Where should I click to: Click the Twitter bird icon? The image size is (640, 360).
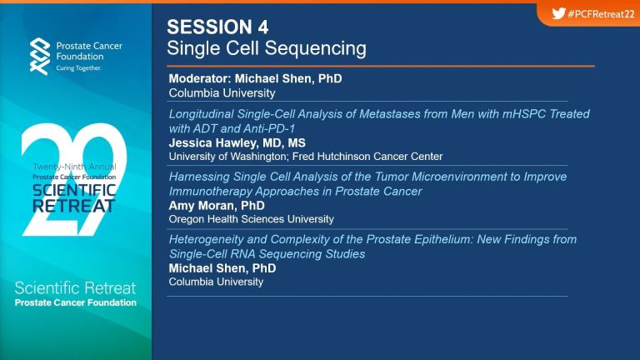tap(558, 13)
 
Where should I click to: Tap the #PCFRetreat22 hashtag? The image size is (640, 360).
tap(601, 14)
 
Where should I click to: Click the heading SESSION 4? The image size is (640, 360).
tap(217, 27)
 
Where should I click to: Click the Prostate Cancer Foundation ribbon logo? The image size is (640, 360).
tap(40, 57)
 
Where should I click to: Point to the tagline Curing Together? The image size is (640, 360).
tap(79, 68)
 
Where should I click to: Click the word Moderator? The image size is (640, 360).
tap(200, 78)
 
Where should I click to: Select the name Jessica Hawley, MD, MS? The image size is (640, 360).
tap(237, 142)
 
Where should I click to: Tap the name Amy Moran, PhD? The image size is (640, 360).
tap(217, 205)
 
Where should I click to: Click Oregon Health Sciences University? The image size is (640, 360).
tap(252, 219)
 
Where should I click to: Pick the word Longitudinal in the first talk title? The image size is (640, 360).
tap(201, 114)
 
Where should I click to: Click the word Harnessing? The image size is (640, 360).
tap(199, 177)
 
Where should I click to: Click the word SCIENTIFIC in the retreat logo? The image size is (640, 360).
tap(74, 190)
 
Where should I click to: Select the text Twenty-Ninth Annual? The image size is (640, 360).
tap(74, 167)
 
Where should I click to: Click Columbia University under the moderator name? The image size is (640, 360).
tap(222, 93)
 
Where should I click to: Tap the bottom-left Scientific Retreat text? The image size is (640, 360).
tap(75, 288)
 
